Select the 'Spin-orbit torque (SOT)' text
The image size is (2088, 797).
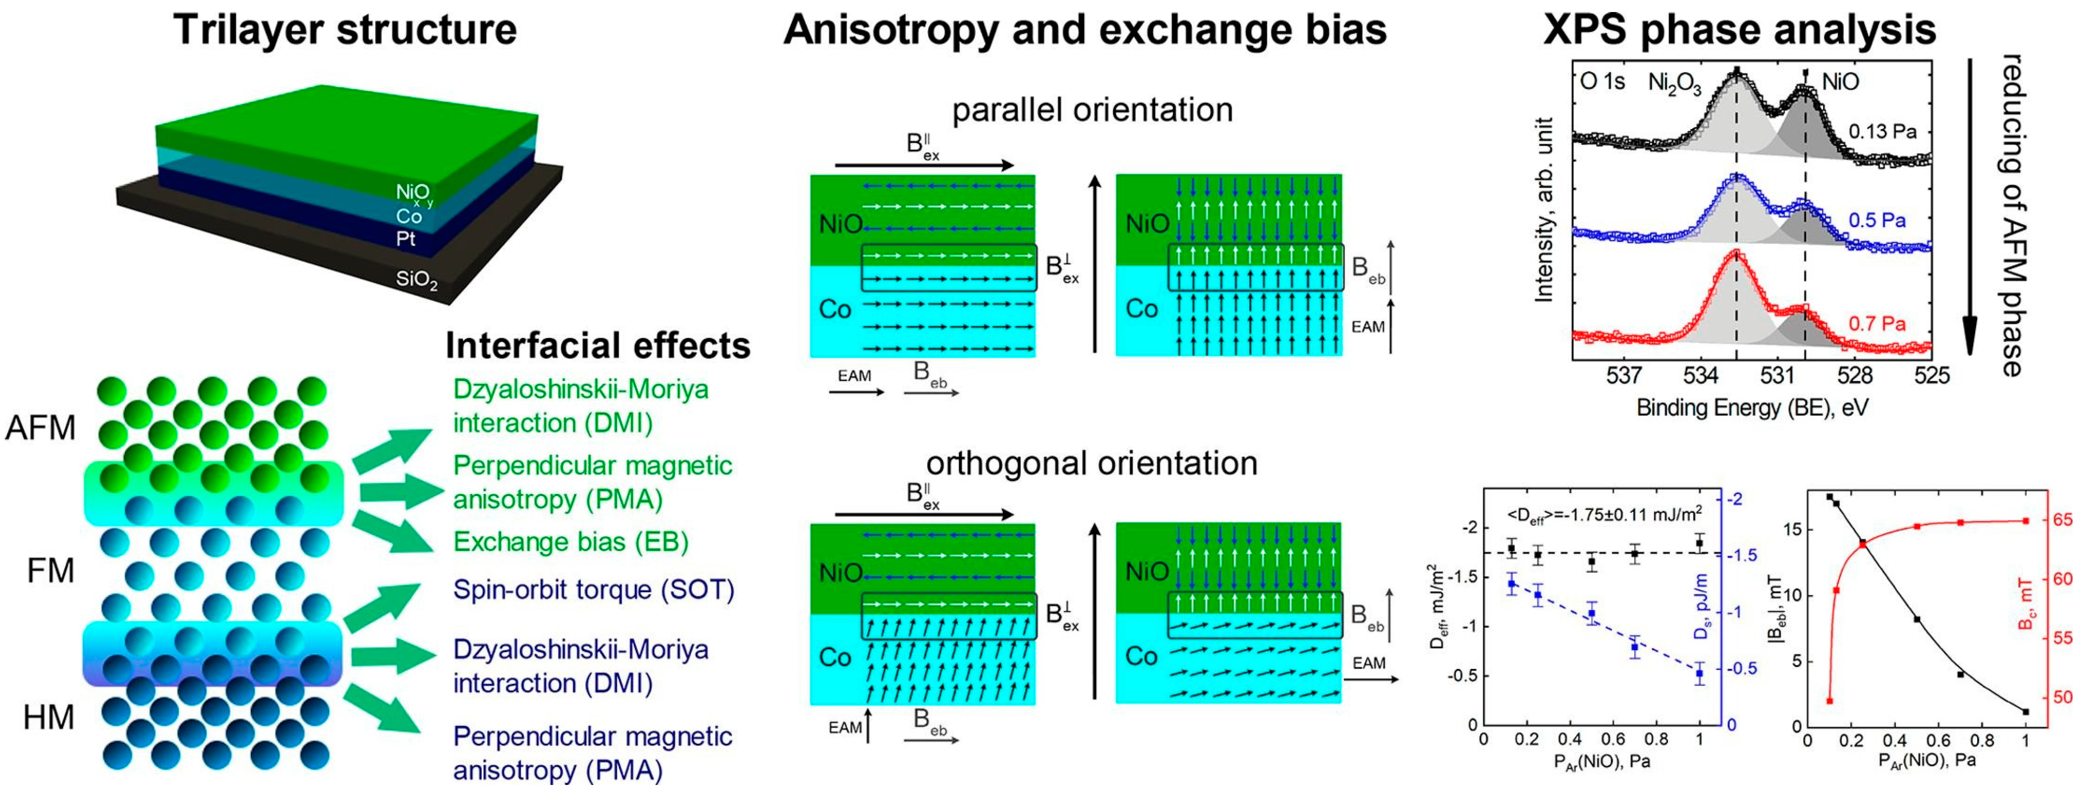pyautogui.click(x=593, y=589)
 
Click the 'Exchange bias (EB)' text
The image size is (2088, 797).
pyautogui.click(x=571, y=542)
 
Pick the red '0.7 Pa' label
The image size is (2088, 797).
pyautogui.click(x=1877, y=324)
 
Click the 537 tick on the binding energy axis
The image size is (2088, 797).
pyautogui.click(x=1624, y=376)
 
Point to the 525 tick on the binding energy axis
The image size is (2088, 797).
pyautogui.click(x=1931, y=376)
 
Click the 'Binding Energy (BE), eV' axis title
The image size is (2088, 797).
pyautogui.click(x=1752, y=407)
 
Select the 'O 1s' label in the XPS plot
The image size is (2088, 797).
pyautogui.click(x=1602, y=82)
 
